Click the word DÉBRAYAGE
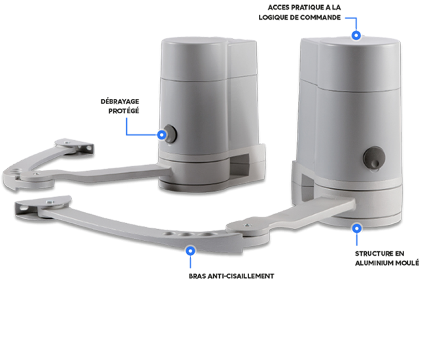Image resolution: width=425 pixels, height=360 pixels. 120,101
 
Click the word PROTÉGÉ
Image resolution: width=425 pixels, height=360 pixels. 124,111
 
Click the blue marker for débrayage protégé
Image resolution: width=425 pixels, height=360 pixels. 161,135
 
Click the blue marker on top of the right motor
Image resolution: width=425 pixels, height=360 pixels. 356,35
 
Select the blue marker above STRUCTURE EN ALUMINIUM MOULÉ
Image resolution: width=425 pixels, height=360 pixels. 357,228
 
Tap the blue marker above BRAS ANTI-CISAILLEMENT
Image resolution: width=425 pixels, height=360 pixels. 190,251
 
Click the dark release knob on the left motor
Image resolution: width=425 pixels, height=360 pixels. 171,134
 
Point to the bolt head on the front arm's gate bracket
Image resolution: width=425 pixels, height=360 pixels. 50,202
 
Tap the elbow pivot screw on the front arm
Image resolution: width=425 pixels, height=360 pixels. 247,225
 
